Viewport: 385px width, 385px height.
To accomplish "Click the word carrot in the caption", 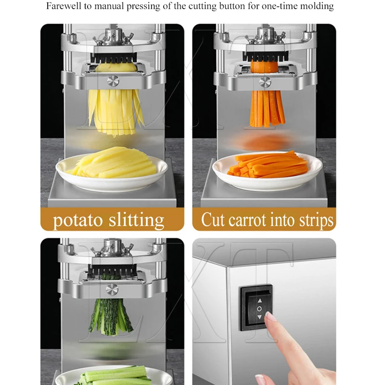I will tap(245, 220).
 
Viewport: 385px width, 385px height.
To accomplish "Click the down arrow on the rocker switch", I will tap(260, 318).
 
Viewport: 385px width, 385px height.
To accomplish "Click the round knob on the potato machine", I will tap(112, 80).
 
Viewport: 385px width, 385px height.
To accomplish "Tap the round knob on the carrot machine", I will tap(265, 81).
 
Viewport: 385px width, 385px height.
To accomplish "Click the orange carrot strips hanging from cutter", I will tap(267, 108).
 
